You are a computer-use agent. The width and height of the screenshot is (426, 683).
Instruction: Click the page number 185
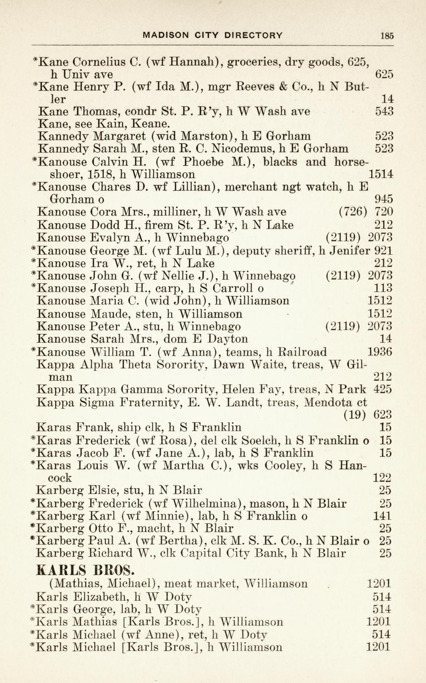[387, 35]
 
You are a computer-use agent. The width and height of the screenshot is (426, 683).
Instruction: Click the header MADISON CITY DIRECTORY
[213, 35]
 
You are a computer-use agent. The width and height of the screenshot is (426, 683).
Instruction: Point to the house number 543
[384, 111]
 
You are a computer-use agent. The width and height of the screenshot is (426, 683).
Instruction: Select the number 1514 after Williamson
[381, 174]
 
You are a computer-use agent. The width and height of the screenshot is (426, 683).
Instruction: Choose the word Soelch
[280, 439]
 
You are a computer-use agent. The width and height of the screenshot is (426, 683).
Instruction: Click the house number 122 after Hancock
[381, 477]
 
